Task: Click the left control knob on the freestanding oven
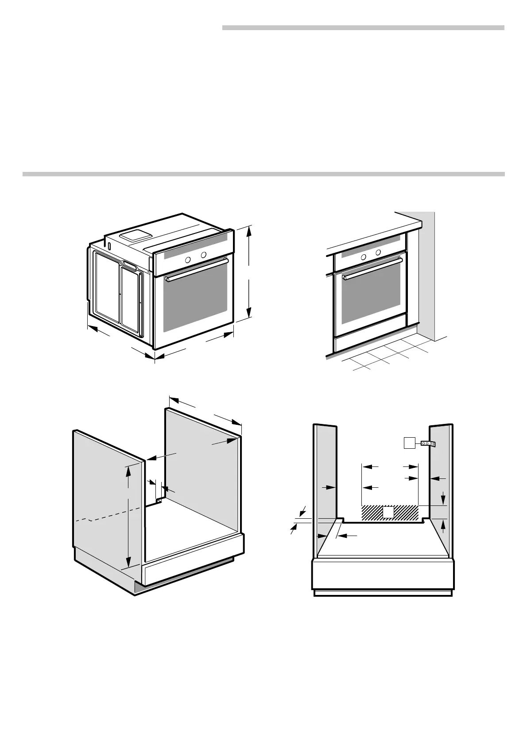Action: tap(188, 260)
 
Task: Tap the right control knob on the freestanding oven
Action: tap(203, 255)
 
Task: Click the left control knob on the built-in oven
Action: tap(363, 257)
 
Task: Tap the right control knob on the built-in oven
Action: tap(378, 253)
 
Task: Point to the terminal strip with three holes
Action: tap(428, 443)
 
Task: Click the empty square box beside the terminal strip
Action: tap(409, 443)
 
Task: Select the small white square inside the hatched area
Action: tap(388, 513)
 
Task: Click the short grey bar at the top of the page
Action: tap(363, 28)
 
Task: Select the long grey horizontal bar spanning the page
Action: tap(263, 174)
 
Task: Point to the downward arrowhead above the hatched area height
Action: tap(443, 501)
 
